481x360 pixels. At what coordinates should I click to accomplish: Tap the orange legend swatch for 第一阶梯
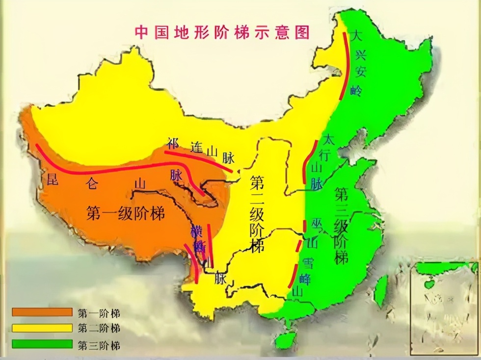tap(42, 312)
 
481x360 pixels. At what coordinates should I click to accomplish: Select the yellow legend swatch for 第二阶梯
tap(42, 328)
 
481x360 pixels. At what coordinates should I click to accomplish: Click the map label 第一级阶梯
tap(125, 213)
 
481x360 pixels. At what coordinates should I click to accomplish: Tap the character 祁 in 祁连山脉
tap(172, 143)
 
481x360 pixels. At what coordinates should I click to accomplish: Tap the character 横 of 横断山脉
tap(196, 231)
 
